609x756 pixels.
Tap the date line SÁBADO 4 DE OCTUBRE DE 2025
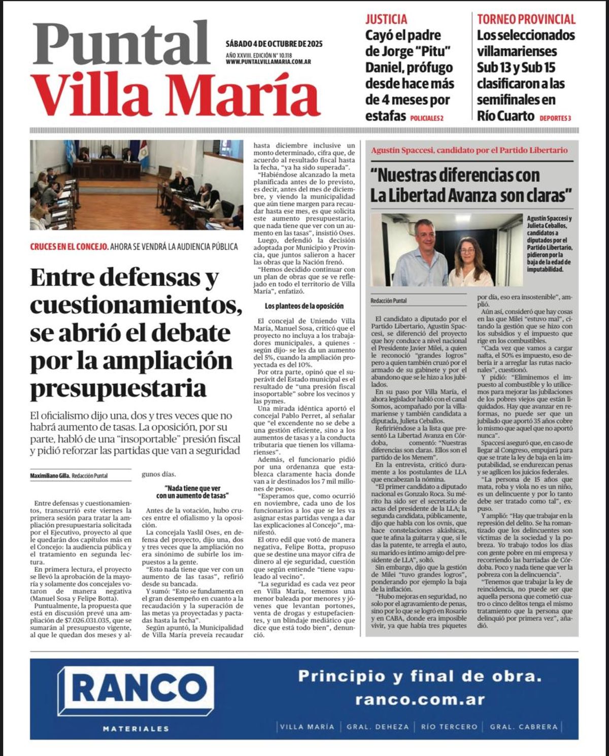coord(274,44)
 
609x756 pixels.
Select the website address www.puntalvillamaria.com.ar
coord(268,62)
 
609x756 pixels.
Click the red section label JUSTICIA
coord(386,19)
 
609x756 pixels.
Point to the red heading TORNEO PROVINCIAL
coord(526,19)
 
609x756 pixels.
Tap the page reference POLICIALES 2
coord(426,118)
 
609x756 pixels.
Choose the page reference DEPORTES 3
coord(555,118)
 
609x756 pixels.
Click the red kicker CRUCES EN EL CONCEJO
coord(69,247)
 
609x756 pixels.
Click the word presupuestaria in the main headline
coord(118,389)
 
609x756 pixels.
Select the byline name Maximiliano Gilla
coord(50,475)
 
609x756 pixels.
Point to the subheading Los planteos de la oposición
coord(304,306)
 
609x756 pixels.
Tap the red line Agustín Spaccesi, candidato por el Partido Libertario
coord(469,150)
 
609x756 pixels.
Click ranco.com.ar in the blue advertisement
coord(420,700)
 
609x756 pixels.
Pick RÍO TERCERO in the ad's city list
coord(449,727)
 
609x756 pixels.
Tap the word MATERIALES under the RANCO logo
coord(136,729)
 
